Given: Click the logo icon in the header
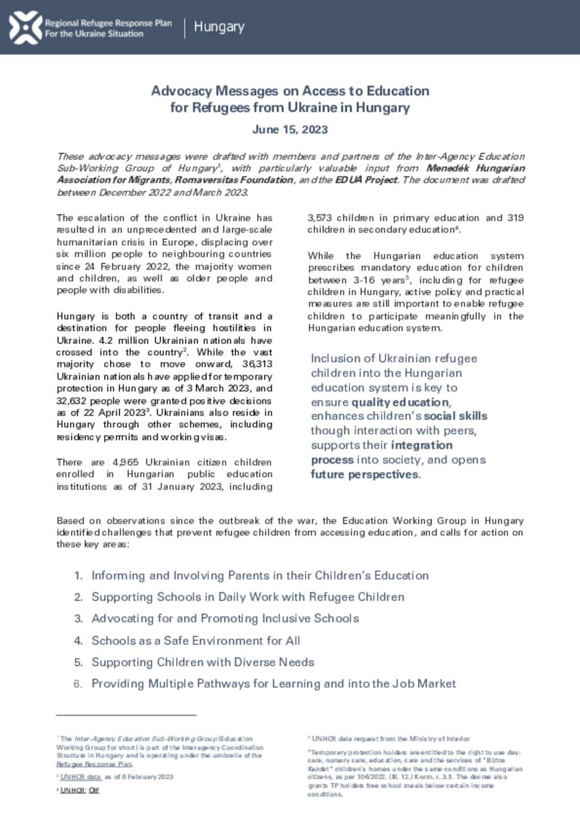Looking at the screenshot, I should coord(25,27).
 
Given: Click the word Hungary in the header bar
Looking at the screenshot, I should coord(219,27).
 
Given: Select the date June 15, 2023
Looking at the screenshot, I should coord(290,130).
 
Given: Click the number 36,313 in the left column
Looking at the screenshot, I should coord(257,364).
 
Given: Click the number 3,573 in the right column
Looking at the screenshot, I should coord(319,218).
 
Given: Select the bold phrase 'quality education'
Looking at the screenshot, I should coord(400,402).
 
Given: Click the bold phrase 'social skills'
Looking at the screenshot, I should coord(455,416).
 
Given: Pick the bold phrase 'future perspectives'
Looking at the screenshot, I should coord(365,475).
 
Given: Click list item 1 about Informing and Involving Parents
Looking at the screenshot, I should coord(259,576).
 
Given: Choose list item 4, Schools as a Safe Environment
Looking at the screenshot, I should coord(195,641).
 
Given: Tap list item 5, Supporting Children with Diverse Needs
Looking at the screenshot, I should coord(203,662).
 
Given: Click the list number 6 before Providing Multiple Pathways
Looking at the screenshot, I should coord(78,684).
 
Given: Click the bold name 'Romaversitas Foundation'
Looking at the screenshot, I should coord(234,180).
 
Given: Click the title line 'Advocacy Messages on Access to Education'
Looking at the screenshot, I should coord(290,91).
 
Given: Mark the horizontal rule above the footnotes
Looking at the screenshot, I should coord(126,715).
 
